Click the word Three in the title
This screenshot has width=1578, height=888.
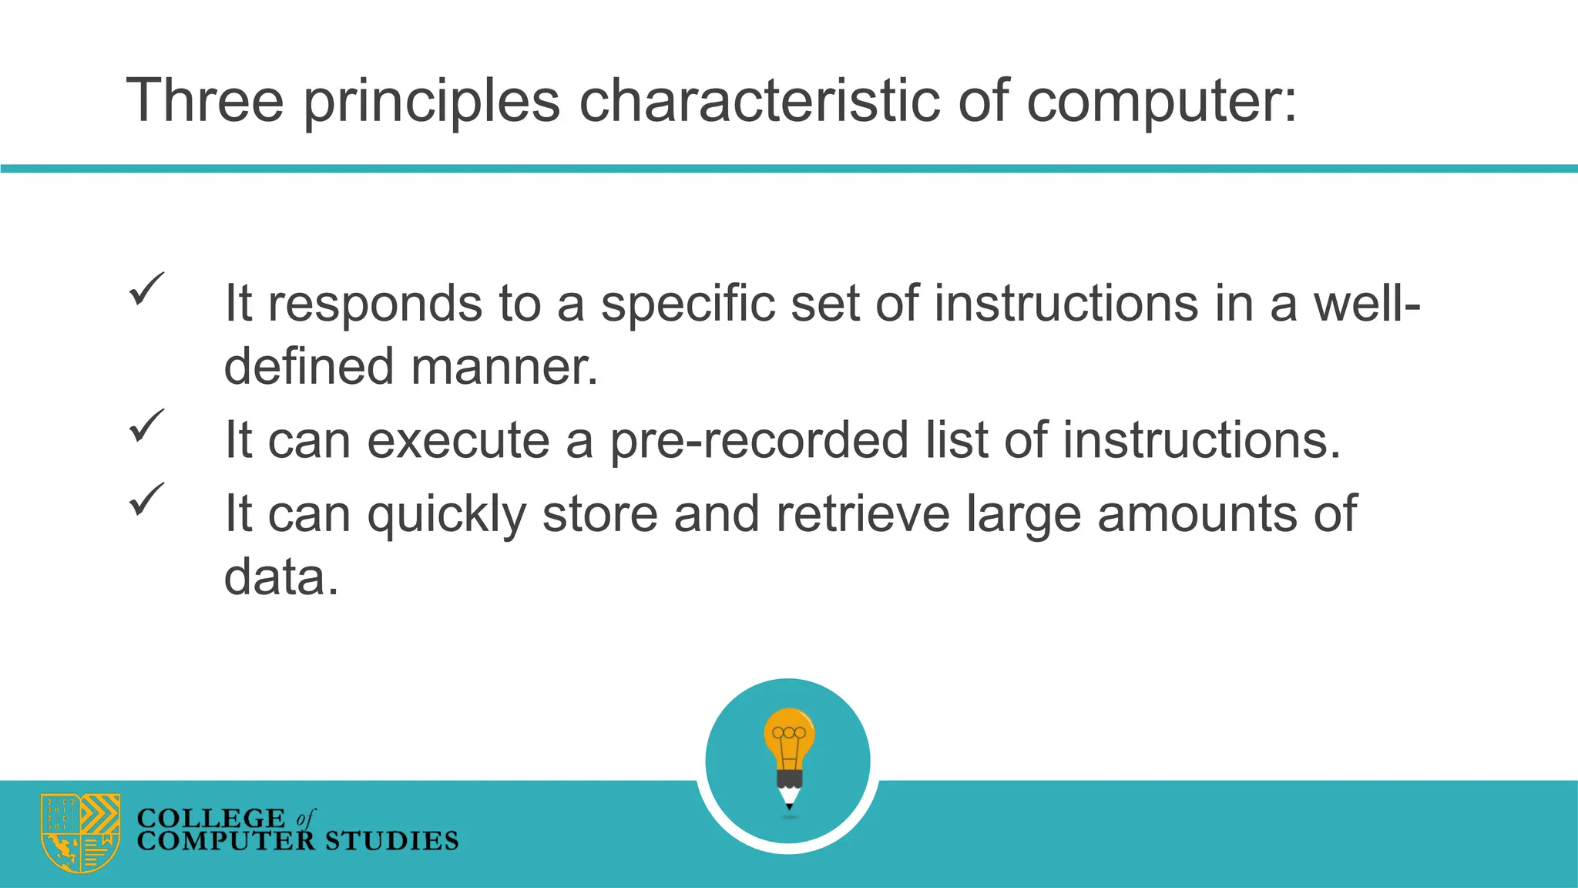[x=205, y=100]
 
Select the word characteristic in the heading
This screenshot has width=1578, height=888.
[x=759, y=100]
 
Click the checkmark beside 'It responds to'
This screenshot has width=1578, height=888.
[x=146, y=289]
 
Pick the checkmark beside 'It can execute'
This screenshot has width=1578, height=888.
[x=146, y=425]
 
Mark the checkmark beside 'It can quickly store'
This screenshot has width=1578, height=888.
[x=146, y=499]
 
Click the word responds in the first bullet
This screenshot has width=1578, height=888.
[x=374, y=304]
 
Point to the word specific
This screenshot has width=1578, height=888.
[x=687, y=304]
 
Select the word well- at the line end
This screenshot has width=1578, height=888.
[x=1366, y=302]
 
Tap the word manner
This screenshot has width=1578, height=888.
[x=504, y=367]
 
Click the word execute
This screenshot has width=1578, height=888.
[x=458, y=440]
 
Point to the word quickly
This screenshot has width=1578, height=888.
[x=446, y=515]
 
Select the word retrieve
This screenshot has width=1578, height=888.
[x=862, y=513]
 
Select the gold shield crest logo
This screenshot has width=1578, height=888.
[x=80, y=832]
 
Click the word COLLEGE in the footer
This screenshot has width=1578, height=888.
[x=210, y=818]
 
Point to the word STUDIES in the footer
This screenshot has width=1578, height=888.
[x=391, y=841]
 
